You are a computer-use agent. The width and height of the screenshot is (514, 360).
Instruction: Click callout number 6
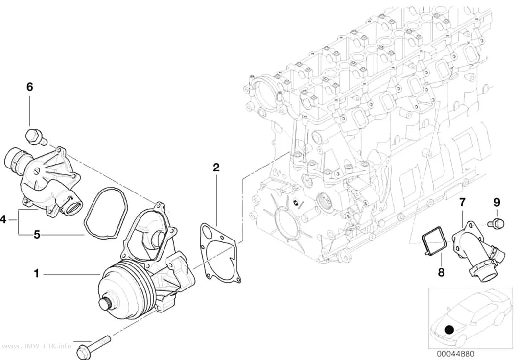[x=29, y=87]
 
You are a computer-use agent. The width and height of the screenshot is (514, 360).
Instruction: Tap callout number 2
[x=216, y=168]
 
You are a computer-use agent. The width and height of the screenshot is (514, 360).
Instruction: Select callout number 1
[x=37, y=273]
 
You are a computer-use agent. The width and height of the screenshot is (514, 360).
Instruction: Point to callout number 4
[x=3, y=219]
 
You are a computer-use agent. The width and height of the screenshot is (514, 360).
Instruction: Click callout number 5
[x=37, y=235]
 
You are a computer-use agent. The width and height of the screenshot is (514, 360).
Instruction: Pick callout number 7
[x=462, y=202]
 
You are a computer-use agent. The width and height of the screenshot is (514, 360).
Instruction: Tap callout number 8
[x=441, y=272]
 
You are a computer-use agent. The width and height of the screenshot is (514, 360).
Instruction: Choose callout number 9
[x=497, y=202]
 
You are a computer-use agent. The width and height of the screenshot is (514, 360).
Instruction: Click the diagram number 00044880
[x=455, y=354]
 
